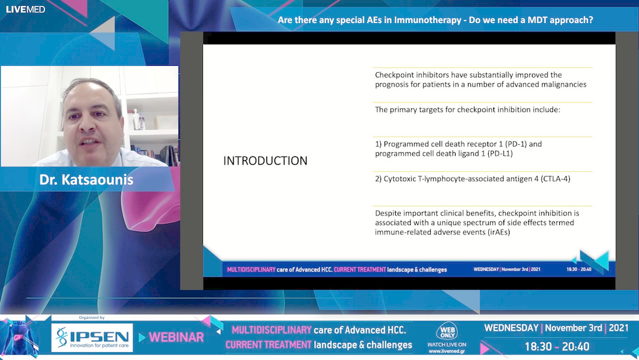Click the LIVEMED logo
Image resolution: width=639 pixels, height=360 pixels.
tap(25, 9)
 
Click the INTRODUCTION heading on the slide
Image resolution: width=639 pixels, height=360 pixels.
tap(265, 160)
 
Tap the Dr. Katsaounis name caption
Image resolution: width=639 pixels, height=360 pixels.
tap(86, 179)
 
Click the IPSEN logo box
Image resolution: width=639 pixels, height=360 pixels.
tap(92, 337)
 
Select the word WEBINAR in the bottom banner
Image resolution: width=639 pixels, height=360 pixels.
tap(176, 337)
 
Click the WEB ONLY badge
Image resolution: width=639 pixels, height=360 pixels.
tap(447, 331)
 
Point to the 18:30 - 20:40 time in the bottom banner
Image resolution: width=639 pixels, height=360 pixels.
tap(557, 347)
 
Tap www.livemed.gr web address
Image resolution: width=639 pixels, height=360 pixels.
tap(447, 352)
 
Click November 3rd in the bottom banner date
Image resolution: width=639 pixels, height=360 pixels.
tap(573, 328)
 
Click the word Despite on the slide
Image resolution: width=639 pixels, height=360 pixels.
tap(388, 213)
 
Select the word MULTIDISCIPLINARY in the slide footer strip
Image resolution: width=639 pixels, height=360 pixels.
tap(251, 269)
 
